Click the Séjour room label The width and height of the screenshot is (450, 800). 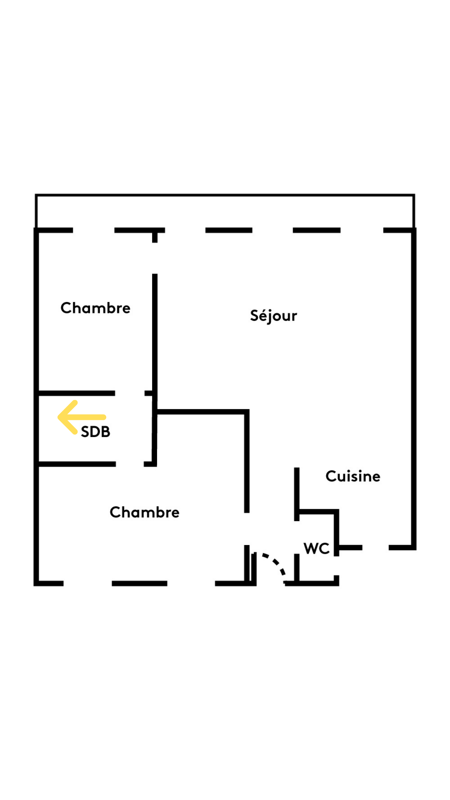[x=273, y=316]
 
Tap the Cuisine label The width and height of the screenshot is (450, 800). [x=353, y=476]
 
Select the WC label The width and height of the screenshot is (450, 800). [x=317, y=548]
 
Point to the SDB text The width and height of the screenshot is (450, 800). [x=95, y=432]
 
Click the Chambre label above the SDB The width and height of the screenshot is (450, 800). [x=95, y=308]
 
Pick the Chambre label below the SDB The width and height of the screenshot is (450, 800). [x=145, y=512]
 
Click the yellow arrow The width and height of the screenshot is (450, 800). [x=82, y=417]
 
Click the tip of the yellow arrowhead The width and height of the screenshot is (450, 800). [x=58, y=417]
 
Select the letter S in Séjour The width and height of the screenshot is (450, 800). [x=255, y=315]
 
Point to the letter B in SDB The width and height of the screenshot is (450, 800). [x=106, y=432]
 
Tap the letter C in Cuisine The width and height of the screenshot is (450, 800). [x=331, y=476]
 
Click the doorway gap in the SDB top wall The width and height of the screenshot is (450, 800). [x=130, y=393]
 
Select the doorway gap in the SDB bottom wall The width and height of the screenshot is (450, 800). [x=130, y=464]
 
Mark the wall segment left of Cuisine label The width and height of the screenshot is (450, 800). [x=297, y=494]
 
